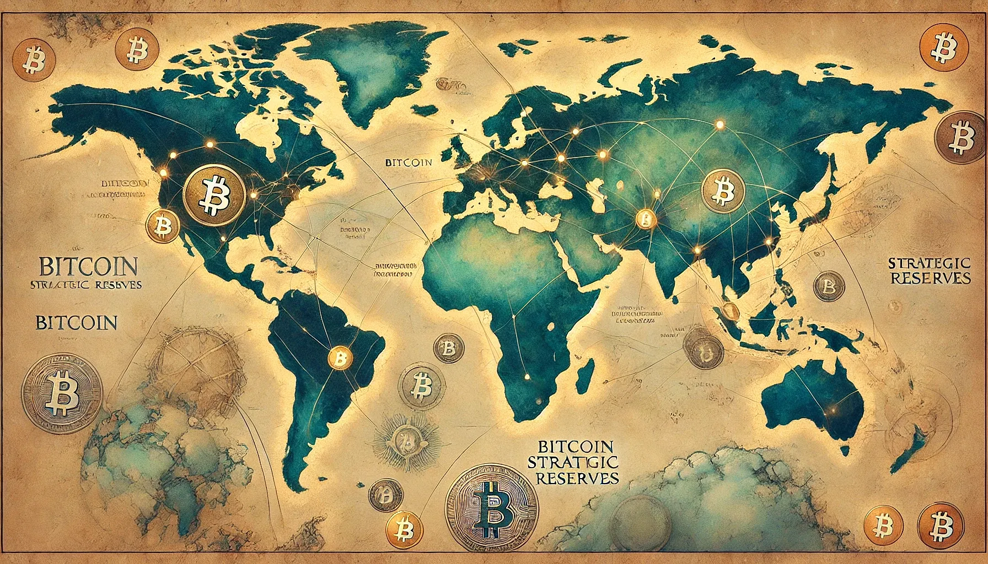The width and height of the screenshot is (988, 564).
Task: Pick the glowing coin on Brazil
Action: click(x=340, y=359)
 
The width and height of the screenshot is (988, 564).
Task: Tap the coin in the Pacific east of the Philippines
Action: click(x=828, y=286)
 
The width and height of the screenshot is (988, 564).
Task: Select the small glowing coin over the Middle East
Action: click(x=645, y=219)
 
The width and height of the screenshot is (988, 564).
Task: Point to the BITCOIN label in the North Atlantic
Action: click(x=408, y=163)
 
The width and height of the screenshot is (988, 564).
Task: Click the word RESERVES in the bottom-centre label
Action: click(x=577, y=476)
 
